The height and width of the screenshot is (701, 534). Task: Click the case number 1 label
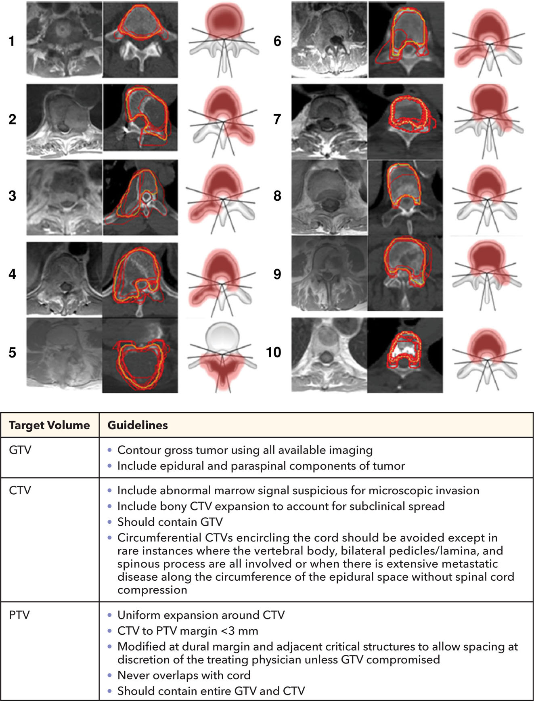12,41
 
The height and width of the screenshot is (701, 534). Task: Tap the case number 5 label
13,353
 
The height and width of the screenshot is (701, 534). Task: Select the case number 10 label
274,352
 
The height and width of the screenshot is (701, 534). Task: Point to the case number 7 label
277,119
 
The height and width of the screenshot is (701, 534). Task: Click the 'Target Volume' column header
49,425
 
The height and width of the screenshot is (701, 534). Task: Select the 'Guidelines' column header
138,425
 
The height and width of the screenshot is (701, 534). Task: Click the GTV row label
20,450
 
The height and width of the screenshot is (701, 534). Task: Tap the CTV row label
20,490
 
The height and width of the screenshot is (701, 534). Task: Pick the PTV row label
19,615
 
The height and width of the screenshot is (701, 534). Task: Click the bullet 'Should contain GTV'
170,522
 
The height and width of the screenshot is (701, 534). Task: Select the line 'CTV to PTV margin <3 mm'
188,631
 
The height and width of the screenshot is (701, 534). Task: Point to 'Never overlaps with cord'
184,675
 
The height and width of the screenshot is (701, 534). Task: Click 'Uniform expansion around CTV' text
201,615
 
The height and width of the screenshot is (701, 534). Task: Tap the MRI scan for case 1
64,39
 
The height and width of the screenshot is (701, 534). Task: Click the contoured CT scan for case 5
140,355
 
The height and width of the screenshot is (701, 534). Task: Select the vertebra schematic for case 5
222,355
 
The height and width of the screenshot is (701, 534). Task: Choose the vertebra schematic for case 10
488,355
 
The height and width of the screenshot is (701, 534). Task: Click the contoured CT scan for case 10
405,355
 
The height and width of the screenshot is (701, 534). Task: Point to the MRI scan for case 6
329,39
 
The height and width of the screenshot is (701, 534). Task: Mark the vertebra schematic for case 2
223,119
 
